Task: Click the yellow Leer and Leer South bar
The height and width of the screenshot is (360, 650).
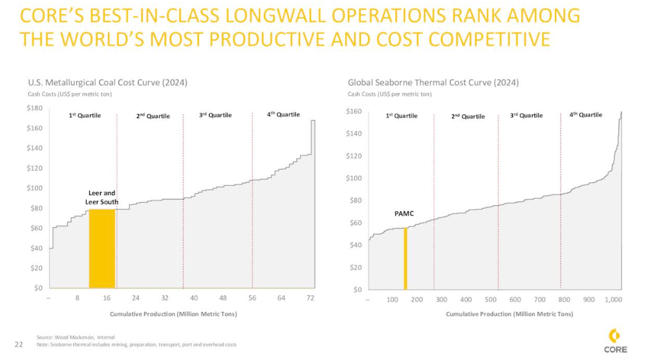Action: pyautogui.click(x=101, y=248)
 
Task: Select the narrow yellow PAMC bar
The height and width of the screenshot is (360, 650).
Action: pyautogui.click(x=405, y=258)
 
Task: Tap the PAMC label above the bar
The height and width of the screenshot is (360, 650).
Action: pyautogui.click(x=404, y=214)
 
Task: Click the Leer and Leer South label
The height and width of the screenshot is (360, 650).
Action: pyautogui.click(x=101, y=198)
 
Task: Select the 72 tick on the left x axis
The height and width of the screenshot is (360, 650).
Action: pyautogui.click(x=311, y=298)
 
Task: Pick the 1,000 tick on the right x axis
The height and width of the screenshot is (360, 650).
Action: pyautogui.click(x=613, y=299)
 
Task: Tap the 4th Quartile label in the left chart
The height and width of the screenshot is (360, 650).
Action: pyautogui.click(x=283, y=114)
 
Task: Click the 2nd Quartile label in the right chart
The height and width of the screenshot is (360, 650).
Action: pyautogui.click(x=468, y=116)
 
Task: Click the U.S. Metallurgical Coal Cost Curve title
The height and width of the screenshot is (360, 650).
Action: pyautogui.click(x=108, y=82)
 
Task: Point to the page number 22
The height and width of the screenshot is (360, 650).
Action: pyautogui.click(x=18, y=343)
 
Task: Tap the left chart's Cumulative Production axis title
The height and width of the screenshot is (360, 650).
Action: pyautogui.click(x=173, y=314)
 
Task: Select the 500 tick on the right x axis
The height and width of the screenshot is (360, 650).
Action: pyautogui.click(x=490, y=299)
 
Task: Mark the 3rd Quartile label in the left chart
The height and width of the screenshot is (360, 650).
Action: pyautogui.click(x=216, y=116)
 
